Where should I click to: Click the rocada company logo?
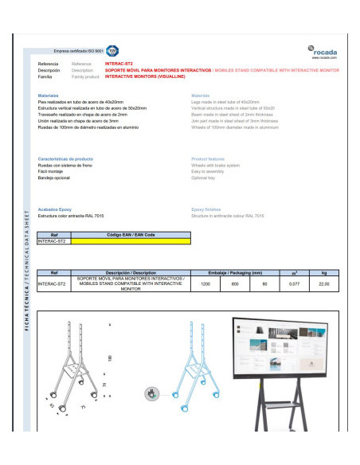tap(323, 51)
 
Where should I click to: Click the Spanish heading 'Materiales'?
tap(47, 95)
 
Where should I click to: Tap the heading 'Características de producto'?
tap(66, 159)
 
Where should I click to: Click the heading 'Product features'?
tap(209, 159)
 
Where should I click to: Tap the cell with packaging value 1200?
tap(205, 283)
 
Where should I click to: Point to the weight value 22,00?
tap(323, 283)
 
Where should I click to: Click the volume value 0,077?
tap(293, 283)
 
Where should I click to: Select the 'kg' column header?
tap(323, 272)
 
